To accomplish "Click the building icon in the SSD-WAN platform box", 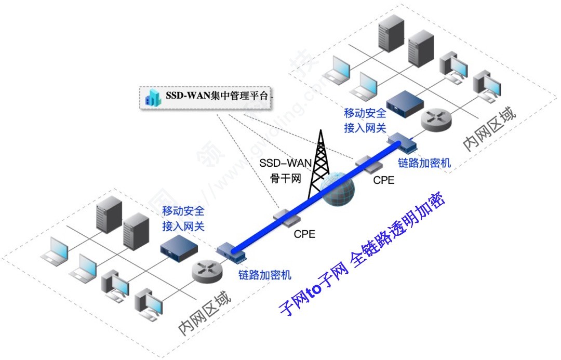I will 153,97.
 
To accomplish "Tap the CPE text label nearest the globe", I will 383,181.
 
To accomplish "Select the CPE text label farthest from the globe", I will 304,234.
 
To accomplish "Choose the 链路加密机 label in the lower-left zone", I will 265,274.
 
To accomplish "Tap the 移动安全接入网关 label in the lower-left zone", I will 183,219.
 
